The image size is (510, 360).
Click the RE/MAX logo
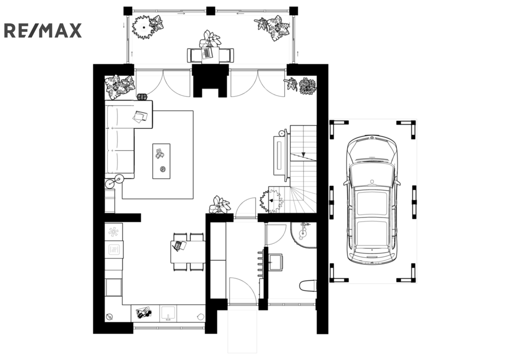(x=43, y=30)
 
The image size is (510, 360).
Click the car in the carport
(x=372, y=199)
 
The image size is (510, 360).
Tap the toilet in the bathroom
(x=308, y=286)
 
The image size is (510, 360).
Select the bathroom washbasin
(x=276, y=262)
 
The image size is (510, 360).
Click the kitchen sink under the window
(x=168, y=313)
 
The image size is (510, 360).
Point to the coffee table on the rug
(x=161, y=161)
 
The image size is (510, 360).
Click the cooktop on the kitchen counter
(x=114, y=249)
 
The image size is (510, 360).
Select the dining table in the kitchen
(x=188, y=251)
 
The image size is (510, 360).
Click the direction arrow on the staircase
(x=303, y=154)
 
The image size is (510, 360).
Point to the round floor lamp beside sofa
(x=120, y=178)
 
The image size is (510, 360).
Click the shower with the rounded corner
(x=303, y=235)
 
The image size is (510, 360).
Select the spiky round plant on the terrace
(x=143, y=27)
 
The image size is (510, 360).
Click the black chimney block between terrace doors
(x=210, y=81)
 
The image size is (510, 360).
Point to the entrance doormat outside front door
(x=243, y=331)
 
